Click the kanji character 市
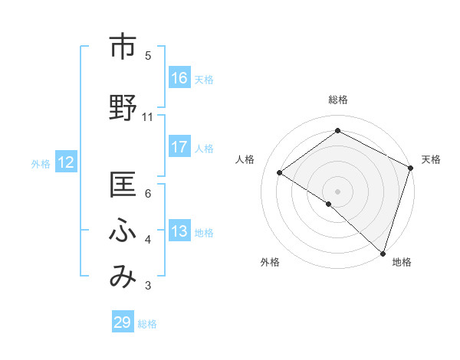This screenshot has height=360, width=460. pyautogui.click(x=123, y=47)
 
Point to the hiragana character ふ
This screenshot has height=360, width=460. pyautogui.click(x=123, y=230)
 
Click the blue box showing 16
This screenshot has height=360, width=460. pyautogui.click(x=179, y=78)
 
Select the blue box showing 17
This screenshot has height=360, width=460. pyautogui.click(x=179, y=147)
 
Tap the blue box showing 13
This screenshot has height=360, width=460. pyautogui.click(x=179, y=231)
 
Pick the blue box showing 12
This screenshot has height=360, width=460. pyautogui.click(x=66, y=162)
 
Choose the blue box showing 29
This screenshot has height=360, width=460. pyautogui.click(x=123, y=322)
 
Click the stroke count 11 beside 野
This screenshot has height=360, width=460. pyautogui.click(x=148, y=117)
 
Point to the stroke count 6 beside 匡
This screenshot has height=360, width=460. pyautogui.click(x=148, y=194)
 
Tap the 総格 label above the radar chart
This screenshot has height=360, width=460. pyautogui.click(x=337, y=100)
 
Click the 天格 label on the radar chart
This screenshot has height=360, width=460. pyautogui.click(x=431, y=159)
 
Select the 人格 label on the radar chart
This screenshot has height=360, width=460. pyautogui.click(x=245, y=159)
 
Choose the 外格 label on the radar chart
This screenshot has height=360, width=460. pyautogui.click(x=270, y=263)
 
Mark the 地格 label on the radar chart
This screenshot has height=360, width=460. pyautogui.click(x=402, y=263)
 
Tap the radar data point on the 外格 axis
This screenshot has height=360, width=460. pyautogui.click(x=328, y=204)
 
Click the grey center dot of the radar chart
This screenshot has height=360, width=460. pyautogui.click(x=337, y=191)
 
